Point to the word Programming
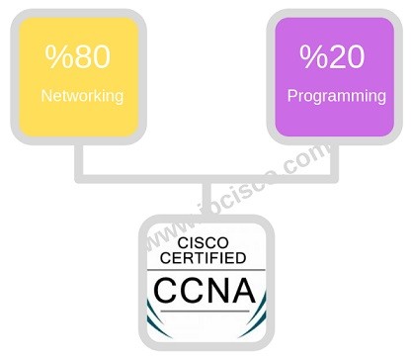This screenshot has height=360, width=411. (336, 97)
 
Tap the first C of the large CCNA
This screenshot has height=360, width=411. (170, 292)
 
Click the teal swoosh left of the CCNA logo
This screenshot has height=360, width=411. (150, 316)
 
